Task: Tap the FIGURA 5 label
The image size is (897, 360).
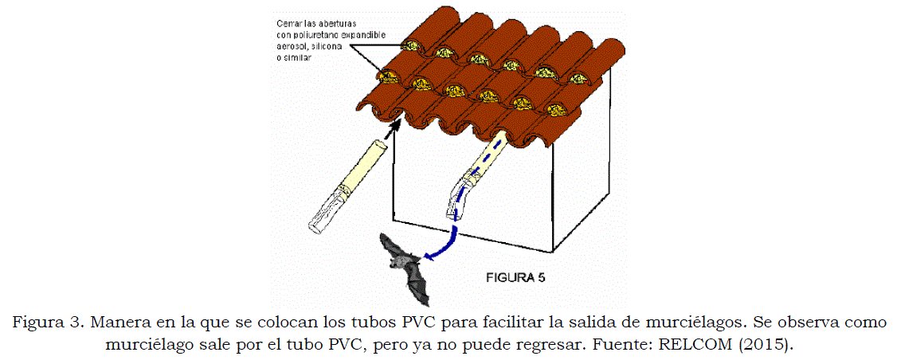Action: pos(515,278)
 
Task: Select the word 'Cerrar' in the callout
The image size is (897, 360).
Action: pos(288,23)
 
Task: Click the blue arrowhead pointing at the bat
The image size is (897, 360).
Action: pos(431,256)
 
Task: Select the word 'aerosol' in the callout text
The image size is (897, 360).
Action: pos(290,45)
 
